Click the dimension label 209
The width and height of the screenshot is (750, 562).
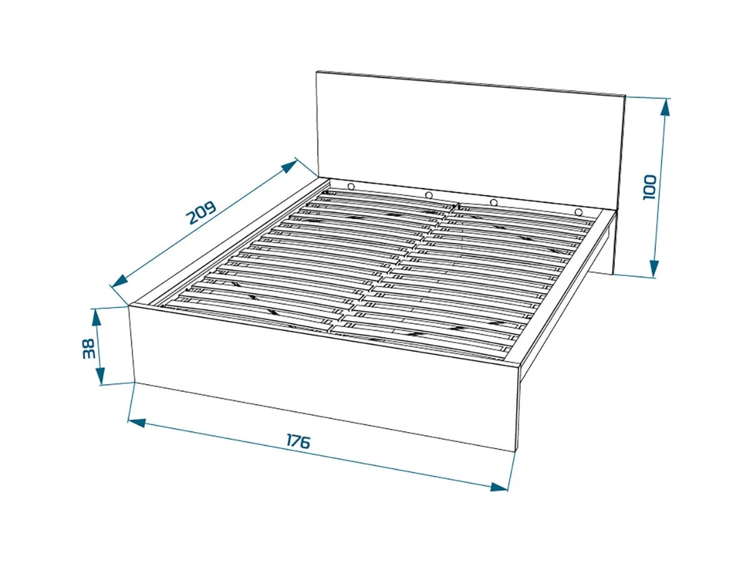tap(201, 213)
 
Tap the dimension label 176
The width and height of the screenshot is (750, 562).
tap(298, 441)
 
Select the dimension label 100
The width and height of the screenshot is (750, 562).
tap(649, 187)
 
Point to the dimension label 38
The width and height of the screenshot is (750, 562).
tap(89, 348)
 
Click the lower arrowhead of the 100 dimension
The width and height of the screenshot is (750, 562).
tap(654, 269)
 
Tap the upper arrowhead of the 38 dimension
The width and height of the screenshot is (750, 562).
tap(97, 317)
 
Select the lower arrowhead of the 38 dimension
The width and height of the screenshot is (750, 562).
tap(100, 376)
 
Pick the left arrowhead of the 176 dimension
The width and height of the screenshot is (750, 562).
tap(137, 423)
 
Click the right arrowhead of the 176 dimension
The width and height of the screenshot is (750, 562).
tap(499, 486)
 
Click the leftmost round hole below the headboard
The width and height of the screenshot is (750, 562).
tap(351, 186)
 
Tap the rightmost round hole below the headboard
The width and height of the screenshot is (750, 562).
tap(578, 212)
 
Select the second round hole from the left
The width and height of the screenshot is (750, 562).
tap(429, 195)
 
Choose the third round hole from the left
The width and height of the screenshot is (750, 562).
tap(493, 202)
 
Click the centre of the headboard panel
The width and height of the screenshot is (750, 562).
tap(470, 140)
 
